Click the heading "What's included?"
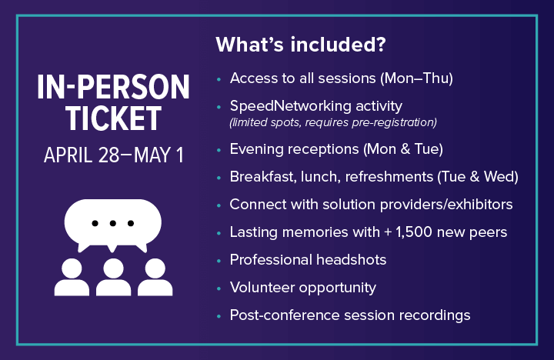(x=300, y=45)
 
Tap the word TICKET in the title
(x=113, y=118)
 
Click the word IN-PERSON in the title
(x=113, y=88)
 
